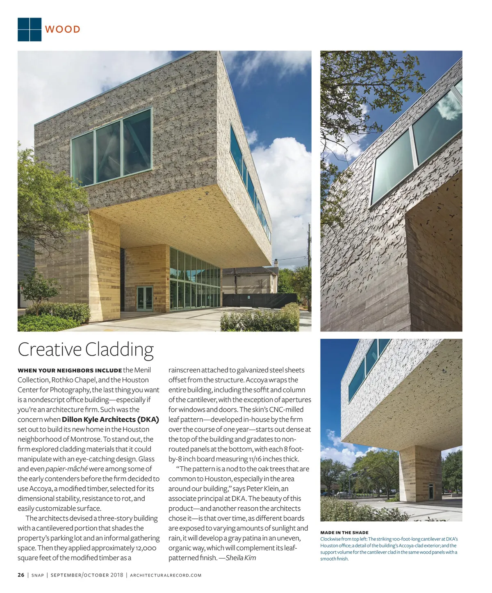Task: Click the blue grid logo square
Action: tap(30, 30)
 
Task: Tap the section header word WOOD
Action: tap(63, 30)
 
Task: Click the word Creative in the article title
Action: tap(50, 350)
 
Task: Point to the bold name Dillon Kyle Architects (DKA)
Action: tap(110, 420)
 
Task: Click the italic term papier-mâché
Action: tap(66, 469)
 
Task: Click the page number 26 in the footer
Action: tap(21, 575)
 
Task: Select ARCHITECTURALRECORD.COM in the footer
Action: tap(166, 575)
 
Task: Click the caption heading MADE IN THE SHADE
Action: tap(344, 533)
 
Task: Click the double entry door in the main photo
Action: tap(144, 298)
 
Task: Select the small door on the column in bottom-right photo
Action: tap(431, 491)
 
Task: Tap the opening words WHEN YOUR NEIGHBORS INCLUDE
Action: tap(70, 370)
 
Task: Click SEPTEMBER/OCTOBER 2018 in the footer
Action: tap(87, 575)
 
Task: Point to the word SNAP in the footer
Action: tap(38, 575)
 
